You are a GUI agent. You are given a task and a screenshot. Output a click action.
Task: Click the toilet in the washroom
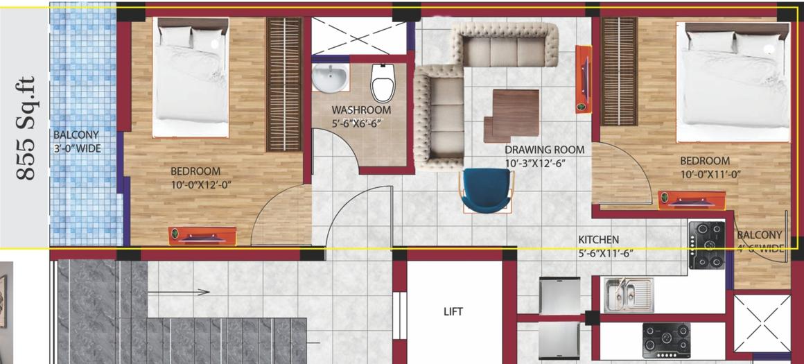[383, 82]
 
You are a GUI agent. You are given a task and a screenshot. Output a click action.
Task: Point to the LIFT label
[453, 311]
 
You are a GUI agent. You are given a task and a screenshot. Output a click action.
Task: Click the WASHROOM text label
[360, 110]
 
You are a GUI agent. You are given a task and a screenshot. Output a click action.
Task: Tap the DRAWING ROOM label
[544, 150]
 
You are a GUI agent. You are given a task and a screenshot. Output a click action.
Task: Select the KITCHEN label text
[599, 240]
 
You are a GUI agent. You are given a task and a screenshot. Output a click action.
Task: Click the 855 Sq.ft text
[26, 139]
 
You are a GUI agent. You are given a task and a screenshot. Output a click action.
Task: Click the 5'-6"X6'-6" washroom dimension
[357, 123]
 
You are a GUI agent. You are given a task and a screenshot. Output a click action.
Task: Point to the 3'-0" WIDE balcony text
[76, 148]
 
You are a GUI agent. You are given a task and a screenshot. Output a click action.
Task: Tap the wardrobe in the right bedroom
[618, 71]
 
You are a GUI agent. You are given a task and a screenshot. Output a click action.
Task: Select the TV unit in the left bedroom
[202, 236]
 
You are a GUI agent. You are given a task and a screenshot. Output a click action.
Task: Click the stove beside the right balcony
[706, 245]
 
